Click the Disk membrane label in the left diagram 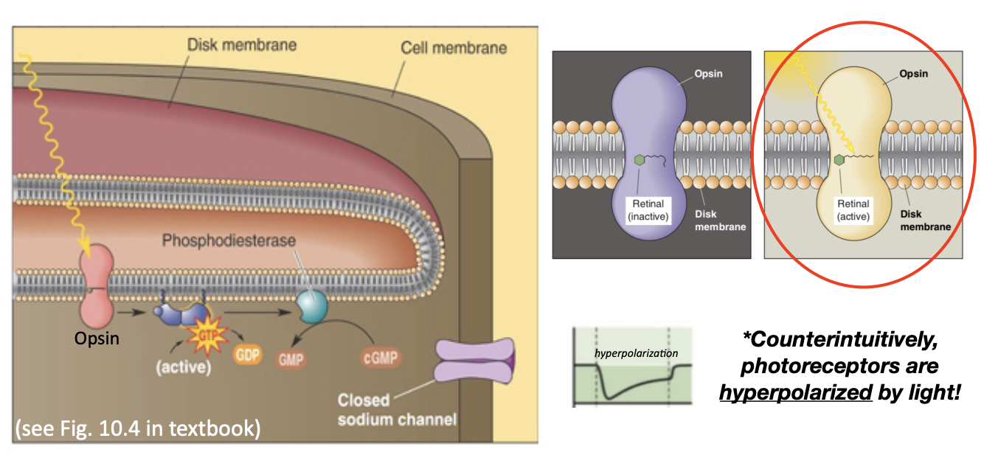pos(241,45)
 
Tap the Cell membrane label pos(453,48)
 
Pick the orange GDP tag pos(247,354)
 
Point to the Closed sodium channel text pos(396,410)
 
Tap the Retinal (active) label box pos(853,210)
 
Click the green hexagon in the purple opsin pos(640,159)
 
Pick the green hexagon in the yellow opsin pos(839,159)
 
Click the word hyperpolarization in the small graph pos(636,352)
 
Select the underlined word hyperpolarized pos(795,392)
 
